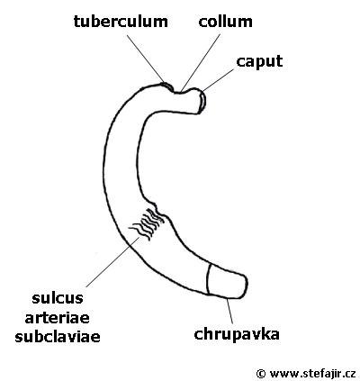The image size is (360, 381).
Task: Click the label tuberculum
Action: click(121, 22)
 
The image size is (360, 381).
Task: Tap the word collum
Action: click(225, 22)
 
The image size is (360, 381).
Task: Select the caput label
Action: click(259, 62)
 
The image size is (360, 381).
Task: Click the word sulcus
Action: click(58, 298)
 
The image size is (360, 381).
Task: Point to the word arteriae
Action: click(57, 317)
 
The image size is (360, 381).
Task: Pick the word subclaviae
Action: click(58, 337)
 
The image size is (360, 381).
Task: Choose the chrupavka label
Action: click(237, 334)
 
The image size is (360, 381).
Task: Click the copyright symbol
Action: click(261, 374)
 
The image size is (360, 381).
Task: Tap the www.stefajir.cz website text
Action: click(313, 373)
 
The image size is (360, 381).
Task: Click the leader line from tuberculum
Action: click(146, 59)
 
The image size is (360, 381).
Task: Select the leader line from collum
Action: click(201, 62)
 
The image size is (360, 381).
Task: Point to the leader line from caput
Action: click(218, 80)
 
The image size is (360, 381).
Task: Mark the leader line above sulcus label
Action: click(113, 261)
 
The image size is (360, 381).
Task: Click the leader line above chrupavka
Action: click(229, 311)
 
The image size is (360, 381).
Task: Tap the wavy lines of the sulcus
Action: click(147, 223)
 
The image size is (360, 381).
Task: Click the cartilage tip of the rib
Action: click(228, 282)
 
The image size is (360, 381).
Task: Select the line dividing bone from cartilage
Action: click(208, 279)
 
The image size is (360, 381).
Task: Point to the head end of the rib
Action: click(202, 102)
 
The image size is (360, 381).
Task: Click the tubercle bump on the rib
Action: click(166, 86)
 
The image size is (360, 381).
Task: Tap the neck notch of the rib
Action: click(181, 92)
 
